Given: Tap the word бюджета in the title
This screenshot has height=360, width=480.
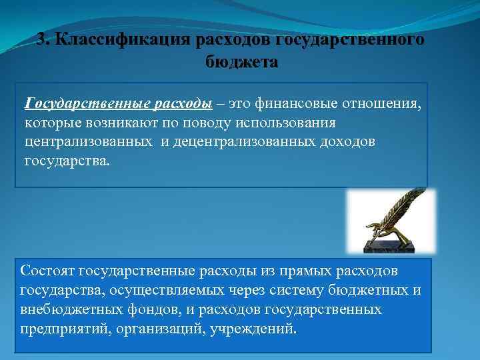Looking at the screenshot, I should [x=240, y=62].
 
